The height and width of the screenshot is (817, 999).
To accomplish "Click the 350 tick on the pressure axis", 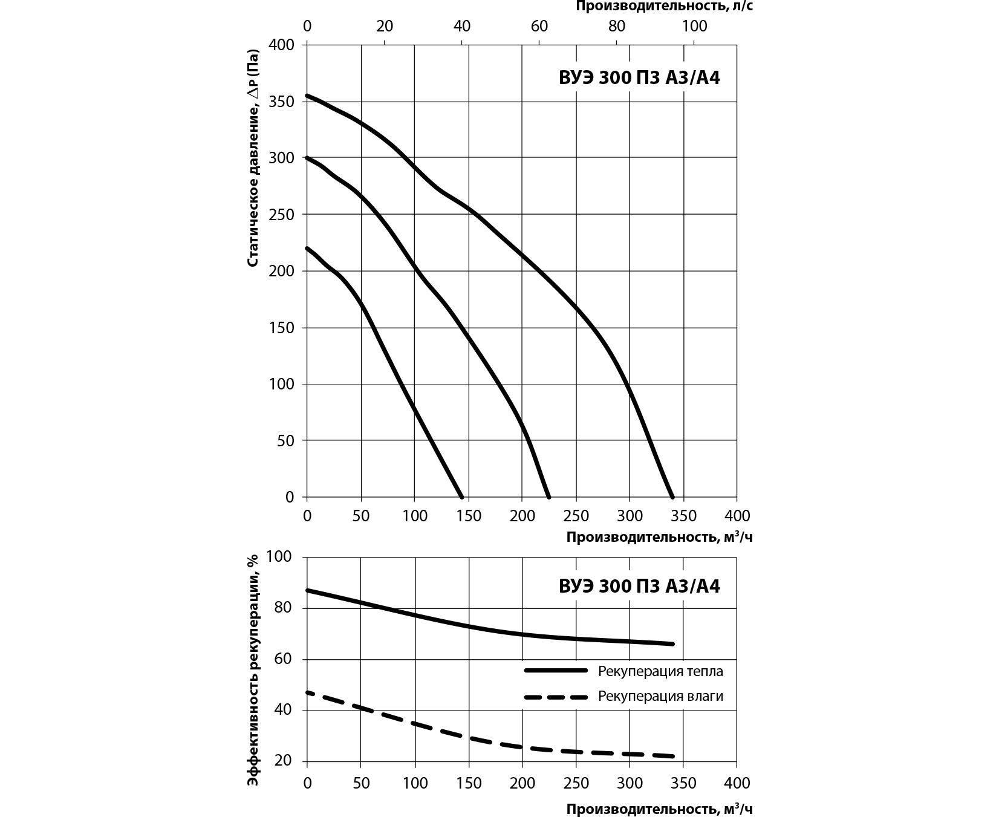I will click(281, 102).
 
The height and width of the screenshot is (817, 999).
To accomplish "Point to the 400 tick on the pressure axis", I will click(281, 45).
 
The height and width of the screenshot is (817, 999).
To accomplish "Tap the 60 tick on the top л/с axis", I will click(539, 26).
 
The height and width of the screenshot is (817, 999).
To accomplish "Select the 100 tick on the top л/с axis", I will click(694, 26).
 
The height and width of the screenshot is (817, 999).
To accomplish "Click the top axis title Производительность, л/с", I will click(663, 7).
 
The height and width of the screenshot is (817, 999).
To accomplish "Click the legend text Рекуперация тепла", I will click(660, 671).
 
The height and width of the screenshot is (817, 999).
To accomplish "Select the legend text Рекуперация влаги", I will click(660, 696).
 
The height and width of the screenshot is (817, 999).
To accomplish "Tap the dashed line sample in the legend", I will click(556, 697).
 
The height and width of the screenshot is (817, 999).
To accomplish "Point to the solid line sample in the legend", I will click(556, 671).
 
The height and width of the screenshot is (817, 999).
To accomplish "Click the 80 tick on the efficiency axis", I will click(284, 608).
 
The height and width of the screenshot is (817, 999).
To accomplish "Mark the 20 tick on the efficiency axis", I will click(284, 761).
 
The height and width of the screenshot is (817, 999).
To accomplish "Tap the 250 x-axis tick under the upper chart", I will click(576, 516).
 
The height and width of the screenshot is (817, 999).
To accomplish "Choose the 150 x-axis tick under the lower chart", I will click(468, 783).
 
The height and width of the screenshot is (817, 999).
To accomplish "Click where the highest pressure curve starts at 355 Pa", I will click(307, 96).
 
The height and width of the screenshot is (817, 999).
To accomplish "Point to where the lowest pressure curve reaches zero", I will click(462, 496).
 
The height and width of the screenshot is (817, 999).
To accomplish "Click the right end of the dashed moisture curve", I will click(672, 756).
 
